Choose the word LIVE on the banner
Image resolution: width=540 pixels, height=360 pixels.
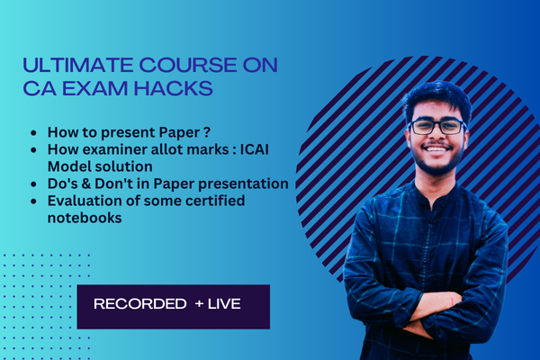pyautogui.click(x=225, y=305)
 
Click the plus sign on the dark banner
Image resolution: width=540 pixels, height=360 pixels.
pyautogui.click(x=199, y=305)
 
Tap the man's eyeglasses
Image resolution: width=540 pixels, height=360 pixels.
pyautogui.click(x=436, y=127)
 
